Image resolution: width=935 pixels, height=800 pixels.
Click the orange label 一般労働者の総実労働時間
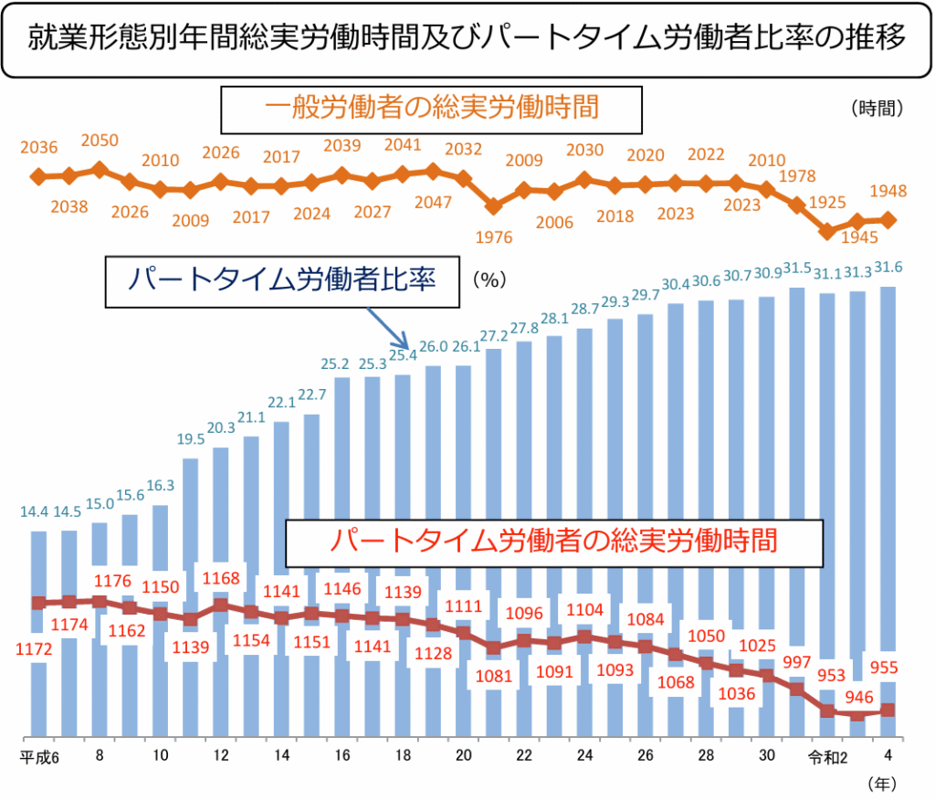coord(432,109)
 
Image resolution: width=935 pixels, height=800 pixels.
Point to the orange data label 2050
coord(100,141)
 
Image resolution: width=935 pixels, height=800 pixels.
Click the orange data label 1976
coord(495,237)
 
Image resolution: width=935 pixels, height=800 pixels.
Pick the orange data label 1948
coord(888,192)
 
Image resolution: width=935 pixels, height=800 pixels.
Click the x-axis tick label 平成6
coord(40,756)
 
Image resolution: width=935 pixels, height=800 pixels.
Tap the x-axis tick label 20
coord(464,756)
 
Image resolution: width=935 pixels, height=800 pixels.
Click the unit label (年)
coord(882,783)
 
